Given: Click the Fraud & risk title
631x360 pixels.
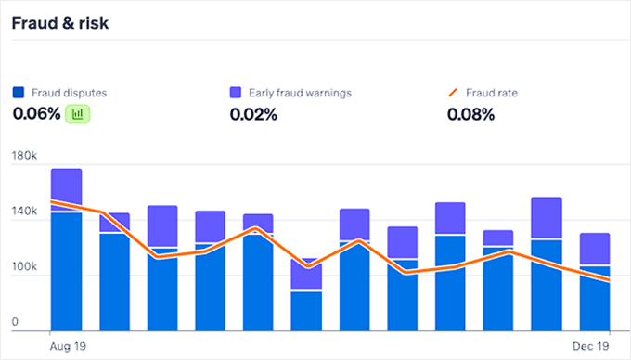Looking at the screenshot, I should [59, 23].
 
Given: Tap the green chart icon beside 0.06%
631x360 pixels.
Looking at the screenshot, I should [79, 114].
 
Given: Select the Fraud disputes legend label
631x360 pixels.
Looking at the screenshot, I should [68, 93].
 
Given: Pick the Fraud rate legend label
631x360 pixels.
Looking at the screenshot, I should [492, 93].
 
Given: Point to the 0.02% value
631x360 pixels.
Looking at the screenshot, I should [252, 114].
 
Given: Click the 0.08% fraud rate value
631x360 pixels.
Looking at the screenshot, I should [470, 114].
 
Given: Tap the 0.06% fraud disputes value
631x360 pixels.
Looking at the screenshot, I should [36, 114].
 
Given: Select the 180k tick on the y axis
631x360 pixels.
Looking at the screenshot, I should [24, 156].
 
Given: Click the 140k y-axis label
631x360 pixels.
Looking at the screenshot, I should [24, 212].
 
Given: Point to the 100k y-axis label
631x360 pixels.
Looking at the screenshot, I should [24, 268].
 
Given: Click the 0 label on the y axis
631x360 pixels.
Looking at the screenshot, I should [16, 324].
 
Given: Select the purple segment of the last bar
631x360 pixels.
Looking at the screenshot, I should [595, 249].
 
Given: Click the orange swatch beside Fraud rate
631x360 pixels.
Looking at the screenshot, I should [453, 93].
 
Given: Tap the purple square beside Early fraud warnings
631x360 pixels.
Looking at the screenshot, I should [236, 93].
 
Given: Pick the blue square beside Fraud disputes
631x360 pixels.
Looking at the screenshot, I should [19, 93].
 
